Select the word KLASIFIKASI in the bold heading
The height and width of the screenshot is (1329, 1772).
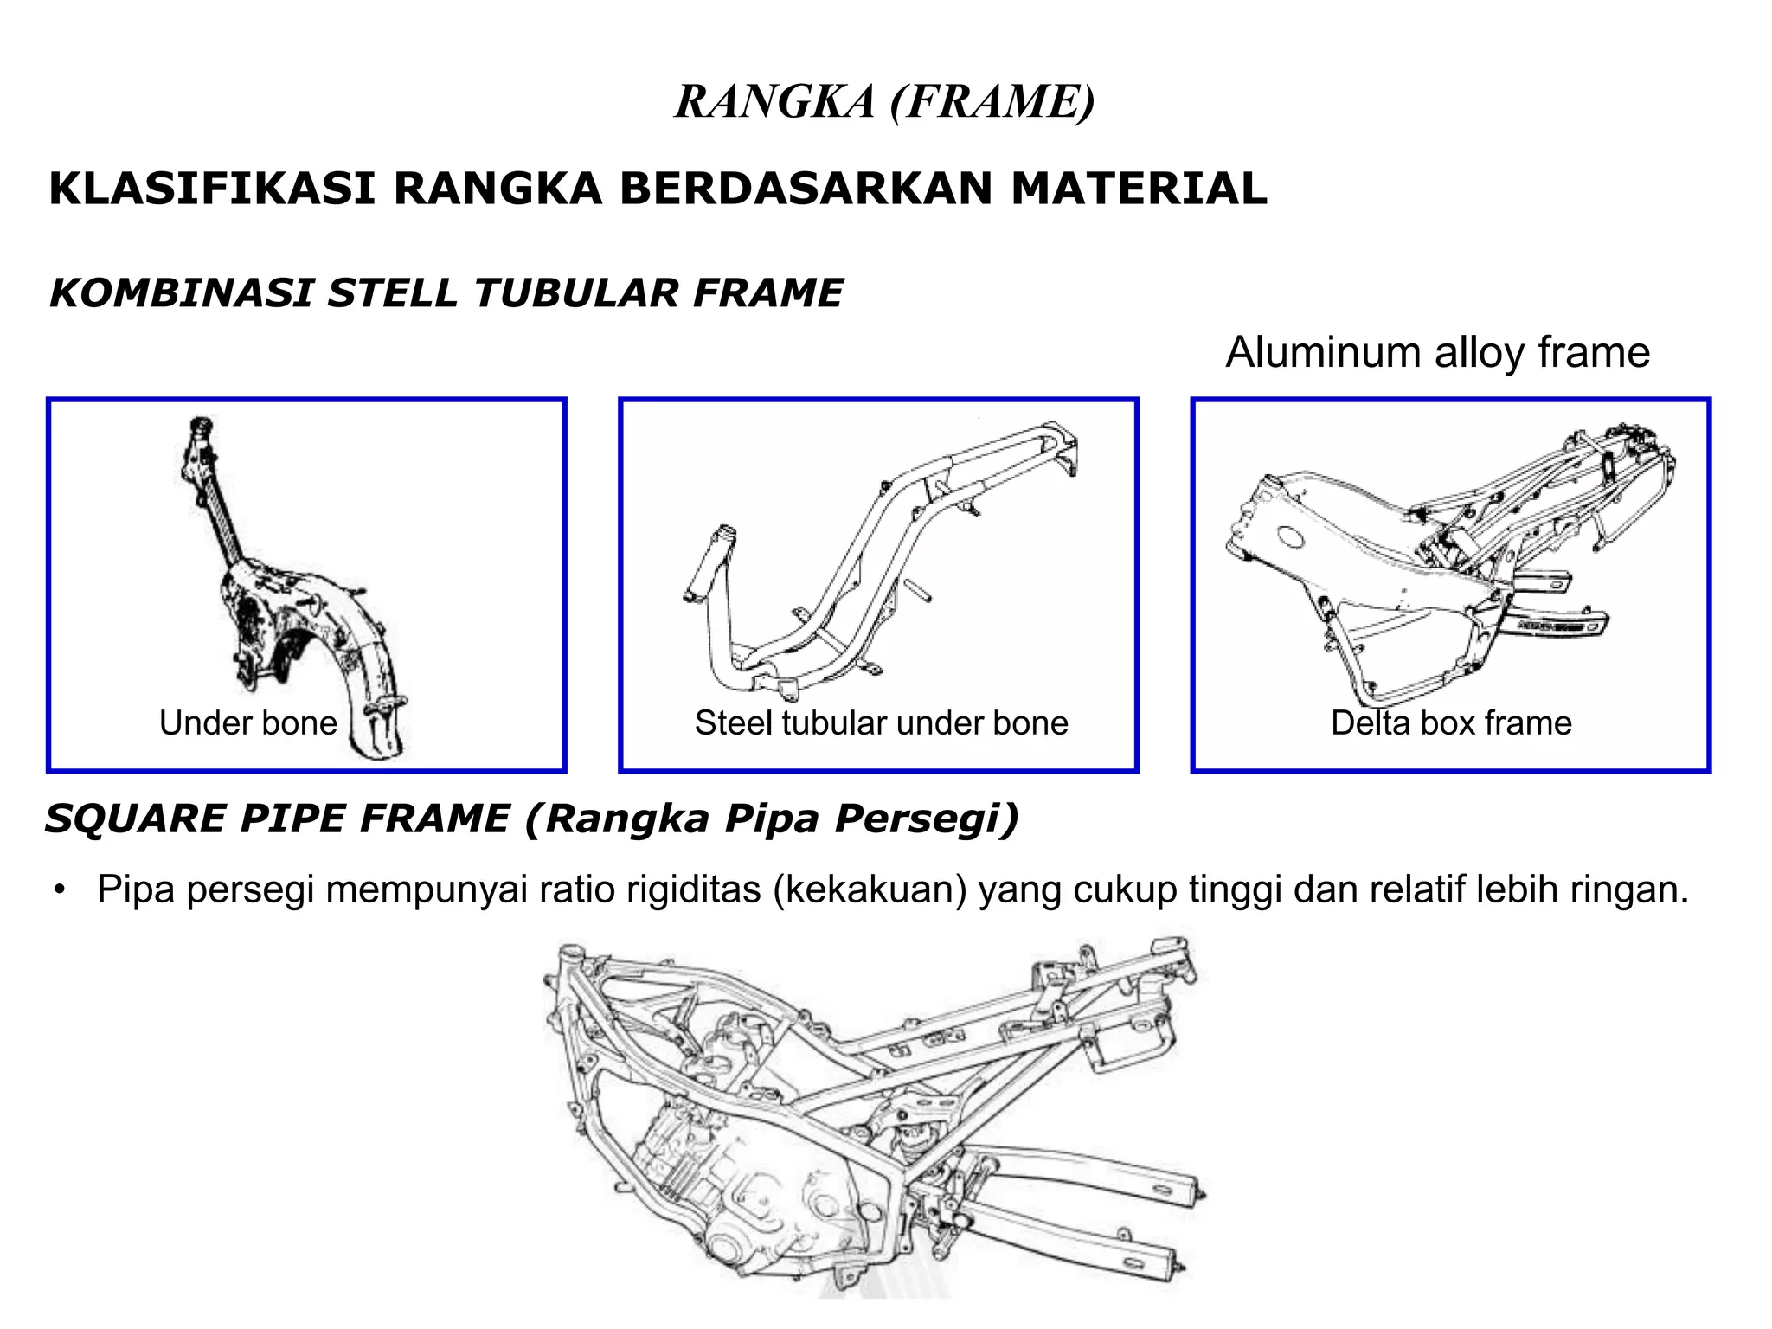coord(212,189)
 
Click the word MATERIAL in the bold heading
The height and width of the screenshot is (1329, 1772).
coord(1138,189)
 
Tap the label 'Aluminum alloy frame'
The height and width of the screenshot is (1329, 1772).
coord(1437,352)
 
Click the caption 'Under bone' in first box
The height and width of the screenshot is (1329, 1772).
coord(247,722)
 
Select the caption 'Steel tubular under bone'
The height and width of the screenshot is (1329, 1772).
coord(881,722)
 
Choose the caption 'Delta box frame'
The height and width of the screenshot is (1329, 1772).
coord(1451,722)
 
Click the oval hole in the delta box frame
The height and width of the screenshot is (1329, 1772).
coord(1289,537)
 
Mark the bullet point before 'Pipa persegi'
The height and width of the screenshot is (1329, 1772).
coord(59,890)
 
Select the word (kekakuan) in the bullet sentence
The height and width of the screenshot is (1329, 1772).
coord(870,889)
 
